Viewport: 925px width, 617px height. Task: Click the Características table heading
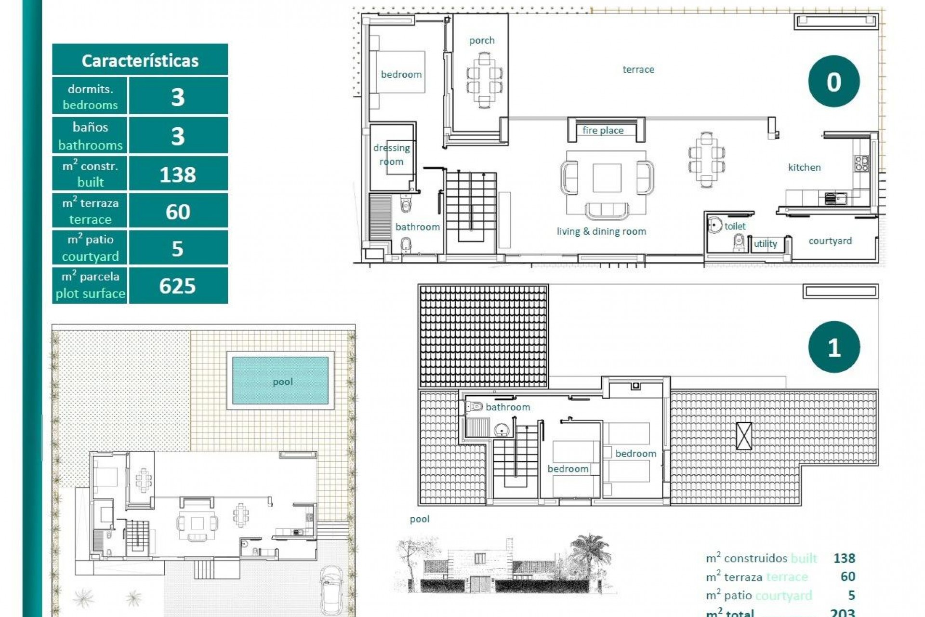coord(140,61)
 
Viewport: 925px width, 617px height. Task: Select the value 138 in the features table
coord(178,174)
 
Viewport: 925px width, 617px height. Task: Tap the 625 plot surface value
coord(178,286)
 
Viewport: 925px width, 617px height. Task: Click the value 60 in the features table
coord(178,212)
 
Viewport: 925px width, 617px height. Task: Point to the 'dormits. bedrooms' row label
coord(90,96)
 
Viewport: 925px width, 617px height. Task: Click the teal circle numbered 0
coord(833,81)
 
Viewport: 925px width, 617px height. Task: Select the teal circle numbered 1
coord(833,347)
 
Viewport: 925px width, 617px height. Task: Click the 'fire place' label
coord(603,130)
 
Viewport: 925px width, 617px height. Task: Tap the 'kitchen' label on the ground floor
coord(804,167)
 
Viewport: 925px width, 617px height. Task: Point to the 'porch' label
coord(482,40)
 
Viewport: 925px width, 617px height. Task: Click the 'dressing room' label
coord(391,154)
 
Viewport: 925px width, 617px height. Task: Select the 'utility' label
coord(765,244)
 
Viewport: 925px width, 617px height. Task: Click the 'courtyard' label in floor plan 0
coord(830,241)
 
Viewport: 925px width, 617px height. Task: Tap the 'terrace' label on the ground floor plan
coord(638,69)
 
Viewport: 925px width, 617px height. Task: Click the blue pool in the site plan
coord(280,381)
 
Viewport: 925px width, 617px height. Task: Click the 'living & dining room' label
coord(601,231)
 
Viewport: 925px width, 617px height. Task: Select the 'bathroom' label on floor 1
coord(507,407)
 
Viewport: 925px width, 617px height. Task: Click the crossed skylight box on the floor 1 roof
coord(744,436)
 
